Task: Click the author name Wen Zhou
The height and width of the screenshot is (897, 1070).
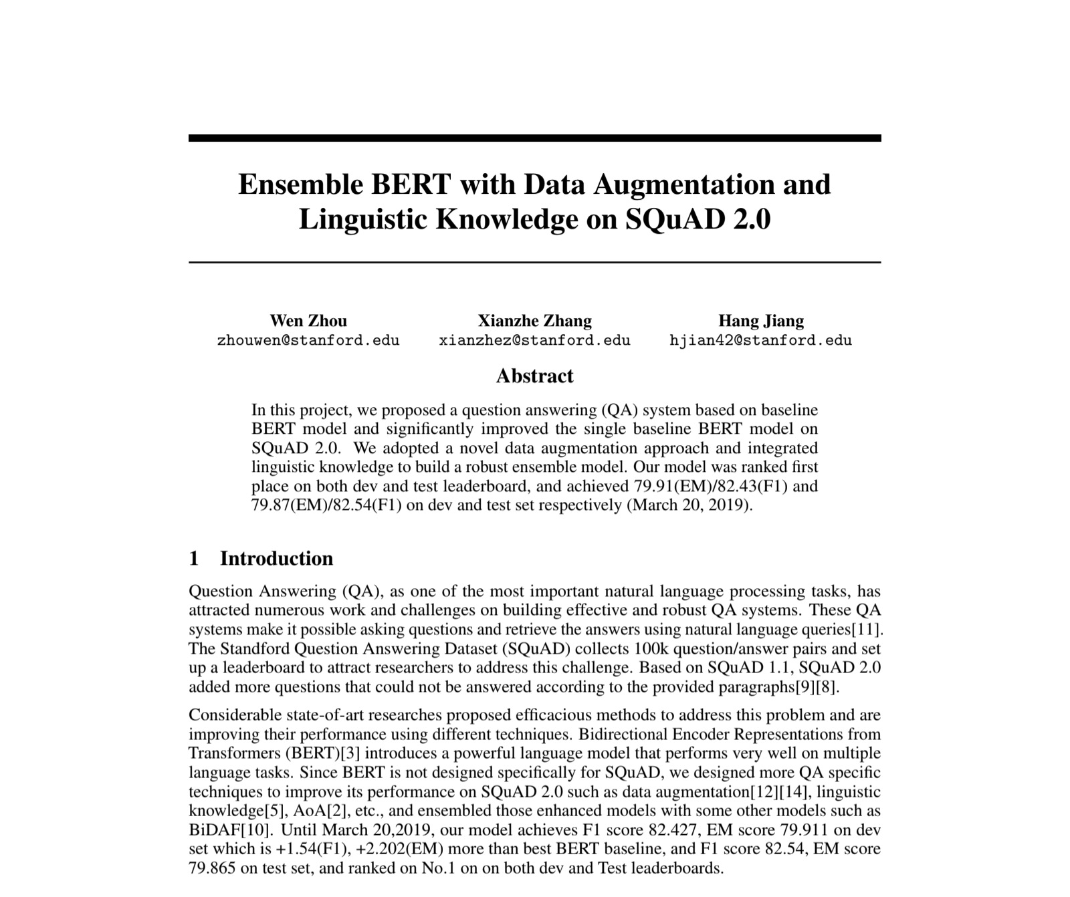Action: coord(308,321)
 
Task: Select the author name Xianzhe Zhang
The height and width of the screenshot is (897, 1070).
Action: coord(534,321)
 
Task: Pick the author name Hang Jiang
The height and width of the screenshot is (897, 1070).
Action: coord(761,321)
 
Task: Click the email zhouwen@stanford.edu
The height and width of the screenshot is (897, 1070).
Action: coord(308,340)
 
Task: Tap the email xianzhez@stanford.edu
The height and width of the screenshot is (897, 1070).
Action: coord(534,340)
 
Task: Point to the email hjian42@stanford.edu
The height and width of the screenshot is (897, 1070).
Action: coord(761,340)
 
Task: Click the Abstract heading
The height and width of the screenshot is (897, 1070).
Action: coord(534,376)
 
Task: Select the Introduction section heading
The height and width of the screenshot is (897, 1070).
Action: coord(276,558)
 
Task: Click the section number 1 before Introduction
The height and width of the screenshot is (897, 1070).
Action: coord(194,558)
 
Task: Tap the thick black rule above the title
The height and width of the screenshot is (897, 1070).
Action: coord(534,138)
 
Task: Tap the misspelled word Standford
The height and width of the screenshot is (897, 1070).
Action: coord(253,648)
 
